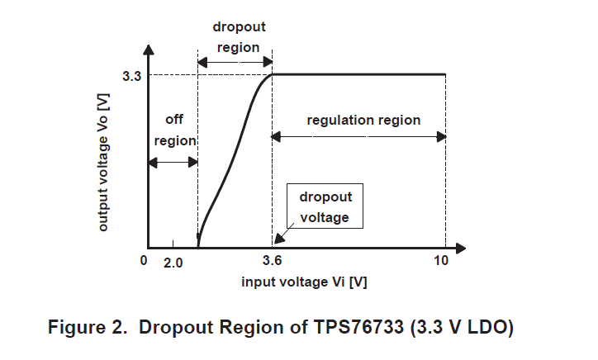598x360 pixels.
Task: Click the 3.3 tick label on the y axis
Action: (x=131, y=76)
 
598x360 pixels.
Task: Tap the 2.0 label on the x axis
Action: (x=172, y=262)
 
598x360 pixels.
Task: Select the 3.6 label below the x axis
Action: (x=273, y=262)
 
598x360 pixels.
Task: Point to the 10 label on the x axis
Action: (x=441, y=262)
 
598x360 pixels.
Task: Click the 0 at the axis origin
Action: (x=143, y=262)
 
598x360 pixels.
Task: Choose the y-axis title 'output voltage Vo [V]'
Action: (x=103, y=162)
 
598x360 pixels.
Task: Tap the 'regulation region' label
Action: (x=363, y=121)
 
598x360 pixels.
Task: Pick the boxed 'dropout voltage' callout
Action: (x=325, y=207)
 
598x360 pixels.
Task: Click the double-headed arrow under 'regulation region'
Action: (x=359, y=137)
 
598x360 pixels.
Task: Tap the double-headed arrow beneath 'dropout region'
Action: (x=235, y=61)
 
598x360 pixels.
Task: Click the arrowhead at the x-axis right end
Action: (x=462, y=248)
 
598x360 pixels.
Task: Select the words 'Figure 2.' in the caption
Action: (x=88, y=327)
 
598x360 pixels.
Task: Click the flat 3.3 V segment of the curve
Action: (x=359, y=74)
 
